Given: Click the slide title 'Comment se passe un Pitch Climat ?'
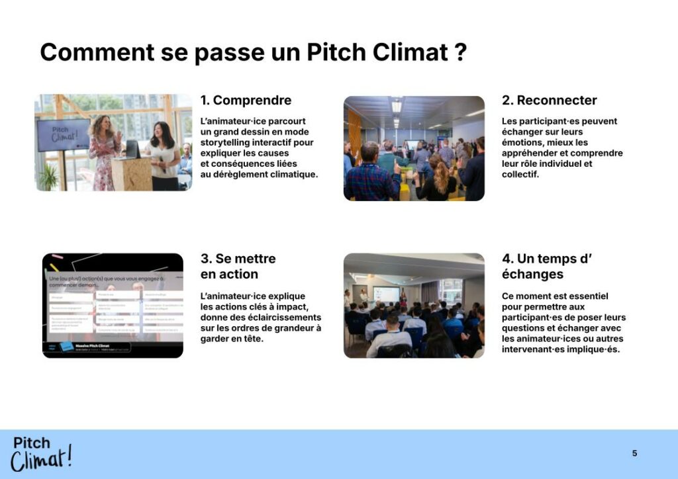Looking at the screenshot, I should pos(254,52).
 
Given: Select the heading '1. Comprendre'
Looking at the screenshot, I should pos(246,101).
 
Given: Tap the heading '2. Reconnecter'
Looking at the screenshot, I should pos(549,101).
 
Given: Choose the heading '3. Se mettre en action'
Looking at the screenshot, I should pos(238,266).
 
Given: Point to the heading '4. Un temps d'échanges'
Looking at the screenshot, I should pos(546,266).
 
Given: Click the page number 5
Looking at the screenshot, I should pos(634,453).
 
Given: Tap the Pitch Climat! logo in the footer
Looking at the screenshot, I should pos(41,453).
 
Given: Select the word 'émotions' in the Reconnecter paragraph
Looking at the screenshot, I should pos(522,142).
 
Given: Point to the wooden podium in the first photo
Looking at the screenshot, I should pos(131,173).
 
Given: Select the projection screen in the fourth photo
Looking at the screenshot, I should pos(386,294).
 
